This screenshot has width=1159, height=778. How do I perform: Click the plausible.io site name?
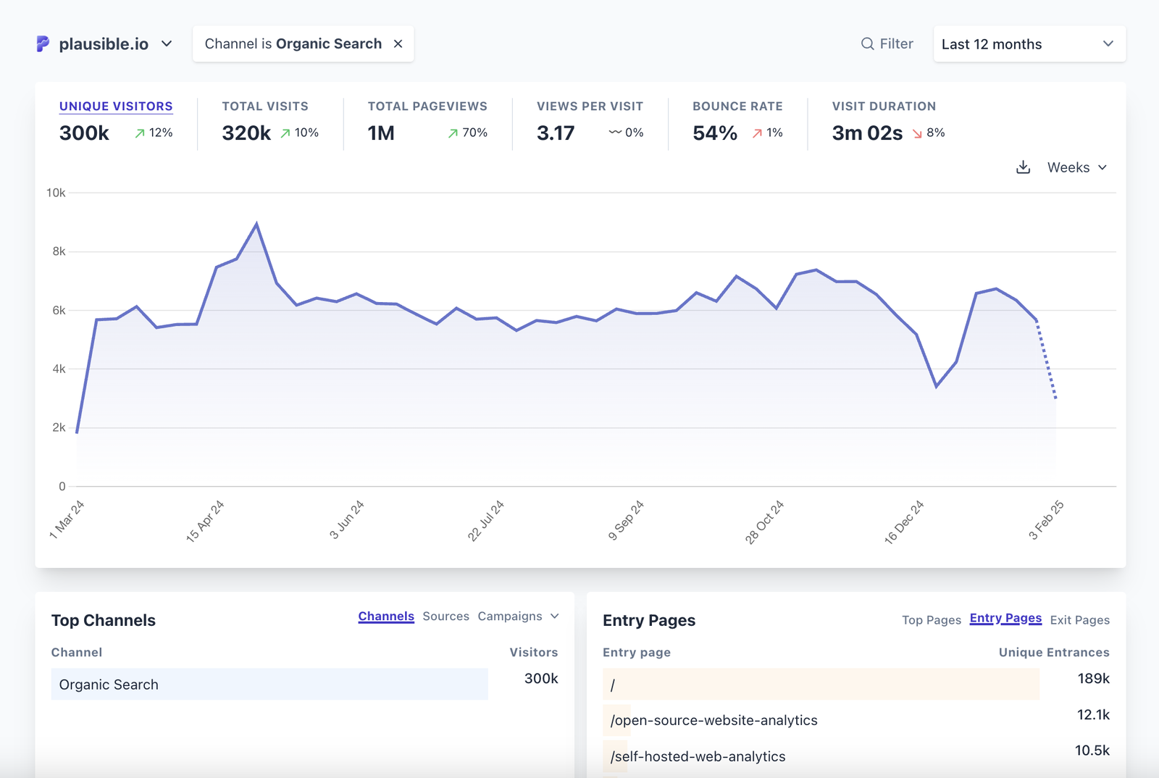104,44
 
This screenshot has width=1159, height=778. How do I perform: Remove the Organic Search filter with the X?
398,44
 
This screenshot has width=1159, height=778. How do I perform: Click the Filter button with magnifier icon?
887,44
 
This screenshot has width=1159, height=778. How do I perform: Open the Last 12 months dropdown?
1029,44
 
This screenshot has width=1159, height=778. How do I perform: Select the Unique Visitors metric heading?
116,106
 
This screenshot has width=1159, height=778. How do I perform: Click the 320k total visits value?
246,133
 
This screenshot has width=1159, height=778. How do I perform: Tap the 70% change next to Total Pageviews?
468,133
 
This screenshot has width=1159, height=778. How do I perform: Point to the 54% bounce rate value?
714,133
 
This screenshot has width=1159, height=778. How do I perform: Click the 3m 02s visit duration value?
867,133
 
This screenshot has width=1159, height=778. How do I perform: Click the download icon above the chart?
1023,167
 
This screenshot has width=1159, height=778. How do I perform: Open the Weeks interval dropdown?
1076,167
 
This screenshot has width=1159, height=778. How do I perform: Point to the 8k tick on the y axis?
59,251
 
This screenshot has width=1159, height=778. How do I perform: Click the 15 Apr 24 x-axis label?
205,522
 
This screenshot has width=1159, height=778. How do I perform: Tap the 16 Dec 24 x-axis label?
904,522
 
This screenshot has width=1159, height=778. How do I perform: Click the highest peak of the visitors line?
256,224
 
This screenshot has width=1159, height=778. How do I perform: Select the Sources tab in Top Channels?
445,616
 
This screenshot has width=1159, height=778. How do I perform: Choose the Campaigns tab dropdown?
518,616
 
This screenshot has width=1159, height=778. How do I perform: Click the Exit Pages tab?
1079,620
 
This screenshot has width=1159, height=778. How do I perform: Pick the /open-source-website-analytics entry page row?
714,720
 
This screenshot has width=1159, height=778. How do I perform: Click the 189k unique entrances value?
1093,679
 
